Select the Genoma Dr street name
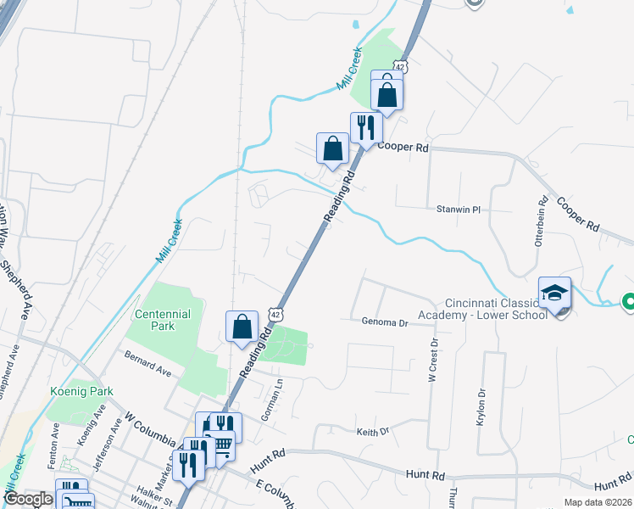click(386, 322)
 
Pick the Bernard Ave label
click(148, 366)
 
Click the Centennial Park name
click(164, 320)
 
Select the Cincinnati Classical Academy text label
click(492, 310)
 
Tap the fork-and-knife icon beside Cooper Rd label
click(366, 128)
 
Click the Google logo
click(28, 500)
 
